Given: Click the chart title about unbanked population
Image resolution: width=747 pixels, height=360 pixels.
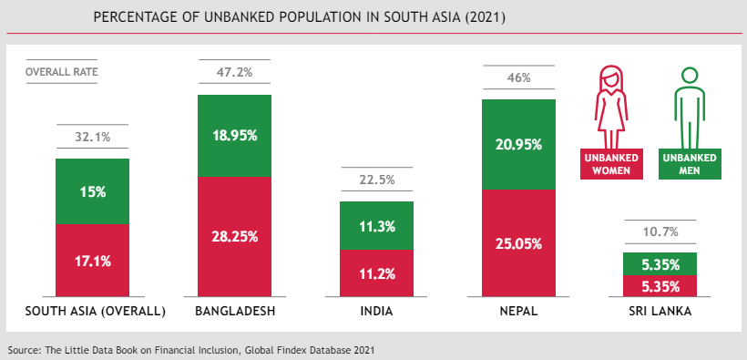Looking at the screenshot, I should coord(300,18).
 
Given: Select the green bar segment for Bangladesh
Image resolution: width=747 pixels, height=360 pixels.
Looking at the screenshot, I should coord(234,135).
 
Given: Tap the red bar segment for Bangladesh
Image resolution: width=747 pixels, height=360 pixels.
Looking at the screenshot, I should coord(234,236).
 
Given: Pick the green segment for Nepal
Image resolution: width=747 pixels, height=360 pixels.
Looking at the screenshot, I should coord(518,143).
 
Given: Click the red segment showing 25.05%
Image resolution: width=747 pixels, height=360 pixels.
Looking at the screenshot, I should coord(518,243).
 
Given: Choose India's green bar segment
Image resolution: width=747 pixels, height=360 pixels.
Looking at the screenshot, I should coord(376,225).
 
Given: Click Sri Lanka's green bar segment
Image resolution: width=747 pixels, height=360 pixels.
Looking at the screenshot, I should coord(660,263).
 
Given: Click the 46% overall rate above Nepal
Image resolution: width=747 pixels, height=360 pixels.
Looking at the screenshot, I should coord(518,77).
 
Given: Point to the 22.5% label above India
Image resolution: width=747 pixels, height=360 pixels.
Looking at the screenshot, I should coord(376,180).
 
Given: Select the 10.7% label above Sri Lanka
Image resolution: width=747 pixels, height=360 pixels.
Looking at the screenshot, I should coord(660,231).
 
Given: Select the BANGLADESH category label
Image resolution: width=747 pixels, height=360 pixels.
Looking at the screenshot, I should coord(235,312).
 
